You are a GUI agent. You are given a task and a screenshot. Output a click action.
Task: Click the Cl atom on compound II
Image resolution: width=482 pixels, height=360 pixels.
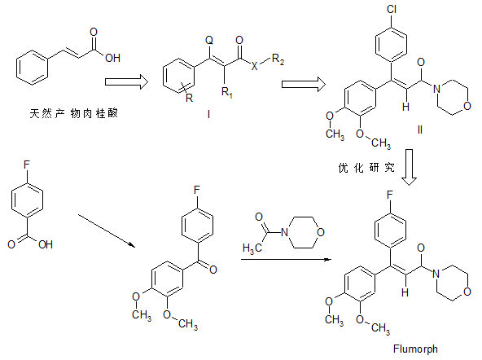392,9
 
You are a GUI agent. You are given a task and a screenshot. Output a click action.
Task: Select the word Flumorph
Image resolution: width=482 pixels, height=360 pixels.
415,349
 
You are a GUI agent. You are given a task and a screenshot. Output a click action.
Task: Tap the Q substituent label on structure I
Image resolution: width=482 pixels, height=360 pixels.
209,40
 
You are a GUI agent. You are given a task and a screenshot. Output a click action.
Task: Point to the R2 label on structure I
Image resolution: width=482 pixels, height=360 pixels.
278,59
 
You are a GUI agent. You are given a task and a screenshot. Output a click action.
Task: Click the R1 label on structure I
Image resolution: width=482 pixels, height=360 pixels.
227,92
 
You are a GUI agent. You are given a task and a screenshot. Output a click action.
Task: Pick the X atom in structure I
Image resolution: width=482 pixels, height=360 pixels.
254,65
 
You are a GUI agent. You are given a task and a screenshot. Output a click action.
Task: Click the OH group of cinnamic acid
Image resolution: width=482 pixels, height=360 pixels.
112,58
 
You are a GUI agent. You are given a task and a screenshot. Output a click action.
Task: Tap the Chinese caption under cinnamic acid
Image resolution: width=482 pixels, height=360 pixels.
74,113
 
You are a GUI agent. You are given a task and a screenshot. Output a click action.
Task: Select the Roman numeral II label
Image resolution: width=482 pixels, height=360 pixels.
420,130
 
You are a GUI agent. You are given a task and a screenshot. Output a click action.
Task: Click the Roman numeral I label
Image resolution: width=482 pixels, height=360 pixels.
208,114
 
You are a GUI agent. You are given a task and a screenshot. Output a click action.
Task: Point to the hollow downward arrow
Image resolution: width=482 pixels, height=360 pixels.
410,167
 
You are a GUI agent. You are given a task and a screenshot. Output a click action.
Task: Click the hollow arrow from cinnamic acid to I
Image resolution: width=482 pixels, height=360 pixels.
127,81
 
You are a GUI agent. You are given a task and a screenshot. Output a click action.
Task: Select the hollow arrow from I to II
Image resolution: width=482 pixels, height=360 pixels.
304,84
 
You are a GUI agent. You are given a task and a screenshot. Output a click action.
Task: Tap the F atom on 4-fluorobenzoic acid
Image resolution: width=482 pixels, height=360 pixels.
27,165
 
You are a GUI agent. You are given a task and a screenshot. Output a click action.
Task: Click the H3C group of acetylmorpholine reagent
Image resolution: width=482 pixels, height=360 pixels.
252,248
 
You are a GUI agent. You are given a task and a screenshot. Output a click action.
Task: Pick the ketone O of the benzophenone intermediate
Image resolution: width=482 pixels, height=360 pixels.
213,270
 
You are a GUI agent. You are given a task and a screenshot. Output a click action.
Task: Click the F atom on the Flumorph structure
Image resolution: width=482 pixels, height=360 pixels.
390,195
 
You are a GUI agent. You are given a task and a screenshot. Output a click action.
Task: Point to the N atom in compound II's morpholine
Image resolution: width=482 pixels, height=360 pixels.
436,89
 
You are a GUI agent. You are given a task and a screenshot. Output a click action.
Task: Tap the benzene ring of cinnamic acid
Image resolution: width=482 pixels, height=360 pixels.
33,68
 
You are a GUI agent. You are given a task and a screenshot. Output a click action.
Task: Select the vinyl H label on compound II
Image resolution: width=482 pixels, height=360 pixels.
405,107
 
